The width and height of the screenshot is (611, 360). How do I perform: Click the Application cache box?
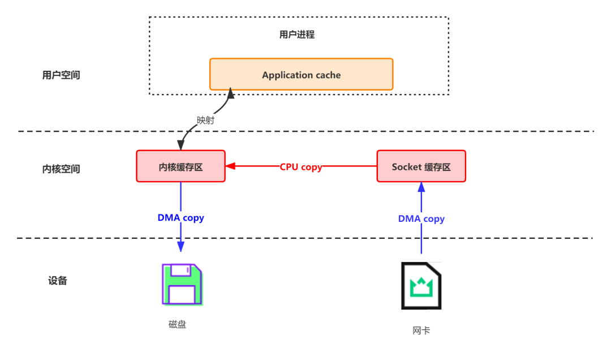point(301,75)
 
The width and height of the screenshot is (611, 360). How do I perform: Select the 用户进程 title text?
point(297,35)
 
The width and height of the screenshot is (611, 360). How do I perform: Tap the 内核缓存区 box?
point(180,166)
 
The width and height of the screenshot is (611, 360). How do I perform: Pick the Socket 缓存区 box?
point(421,166)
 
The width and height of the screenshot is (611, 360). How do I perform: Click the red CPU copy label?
point(301,167)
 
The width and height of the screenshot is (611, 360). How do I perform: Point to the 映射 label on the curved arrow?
point(205,120)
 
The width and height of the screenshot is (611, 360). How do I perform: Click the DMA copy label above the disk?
point(180,217)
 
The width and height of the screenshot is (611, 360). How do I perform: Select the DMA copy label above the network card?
point(421,218)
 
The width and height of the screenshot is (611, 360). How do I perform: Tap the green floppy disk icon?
point(182,285)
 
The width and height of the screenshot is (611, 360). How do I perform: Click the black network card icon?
point(421,285)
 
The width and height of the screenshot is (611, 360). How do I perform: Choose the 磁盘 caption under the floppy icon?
point(177,324)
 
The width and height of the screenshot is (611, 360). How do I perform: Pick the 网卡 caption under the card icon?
point(421,330)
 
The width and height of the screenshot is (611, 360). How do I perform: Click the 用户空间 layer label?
point(61,75)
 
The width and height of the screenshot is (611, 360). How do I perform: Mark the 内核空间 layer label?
point(61,169)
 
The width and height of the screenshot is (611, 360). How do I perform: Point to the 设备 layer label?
point(58,280)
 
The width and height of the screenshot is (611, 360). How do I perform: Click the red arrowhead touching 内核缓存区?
point(230,166)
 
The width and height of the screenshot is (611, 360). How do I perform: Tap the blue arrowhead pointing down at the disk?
point(180,246)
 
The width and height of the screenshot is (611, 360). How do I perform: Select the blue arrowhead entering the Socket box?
point(421,187)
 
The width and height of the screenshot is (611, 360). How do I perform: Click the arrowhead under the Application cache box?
point(231,93)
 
